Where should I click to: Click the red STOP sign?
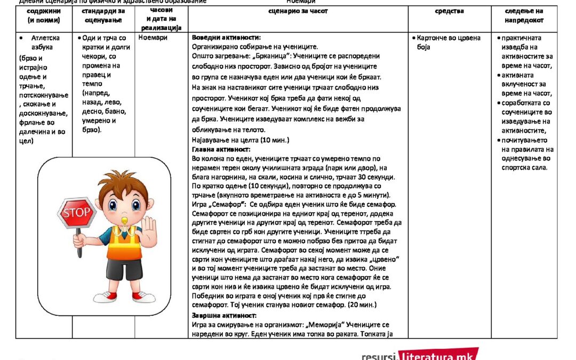77,213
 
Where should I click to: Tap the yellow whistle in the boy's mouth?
126,219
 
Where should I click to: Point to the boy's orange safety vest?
124,245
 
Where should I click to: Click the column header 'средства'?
449,11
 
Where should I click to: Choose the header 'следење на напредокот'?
524,15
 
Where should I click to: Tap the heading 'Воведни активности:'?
226,38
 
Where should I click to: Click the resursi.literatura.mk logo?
419,353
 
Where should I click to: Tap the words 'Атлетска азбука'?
45,42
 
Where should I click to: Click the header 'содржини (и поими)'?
44,15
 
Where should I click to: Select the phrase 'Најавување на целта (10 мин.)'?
240,140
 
